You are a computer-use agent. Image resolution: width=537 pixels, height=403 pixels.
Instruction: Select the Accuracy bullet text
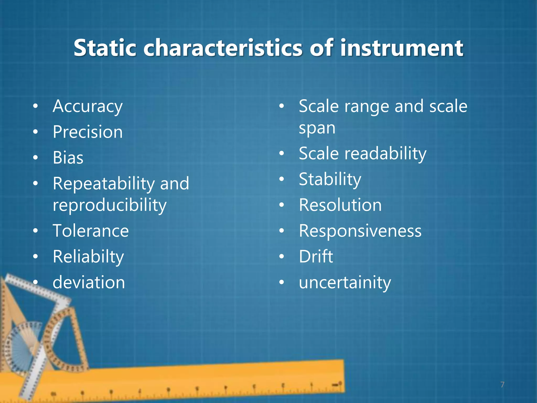88,107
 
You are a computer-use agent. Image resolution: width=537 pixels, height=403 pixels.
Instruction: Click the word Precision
88,132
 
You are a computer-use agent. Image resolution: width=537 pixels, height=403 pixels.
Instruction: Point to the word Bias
68,158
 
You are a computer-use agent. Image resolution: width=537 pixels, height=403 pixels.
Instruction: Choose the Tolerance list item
91,231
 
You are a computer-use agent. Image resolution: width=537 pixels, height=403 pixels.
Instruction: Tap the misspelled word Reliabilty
88,257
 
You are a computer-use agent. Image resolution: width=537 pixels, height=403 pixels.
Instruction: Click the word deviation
89,283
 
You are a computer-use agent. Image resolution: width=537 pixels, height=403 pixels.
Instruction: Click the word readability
385,154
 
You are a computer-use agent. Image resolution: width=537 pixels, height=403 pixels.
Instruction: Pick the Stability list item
330,179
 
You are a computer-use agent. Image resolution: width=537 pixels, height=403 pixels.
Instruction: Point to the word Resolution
340,205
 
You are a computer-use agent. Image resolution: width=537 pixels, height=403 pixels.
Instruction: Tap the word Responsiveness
360,231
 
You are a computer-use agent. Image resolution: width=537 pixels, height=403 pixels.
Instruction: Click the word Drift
316,257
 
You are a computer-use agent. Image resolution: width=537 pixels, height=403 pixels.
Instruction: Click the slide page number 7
502,385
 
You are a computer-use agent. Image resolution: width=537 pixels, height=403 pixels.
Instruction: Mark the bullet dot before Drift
281,256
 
